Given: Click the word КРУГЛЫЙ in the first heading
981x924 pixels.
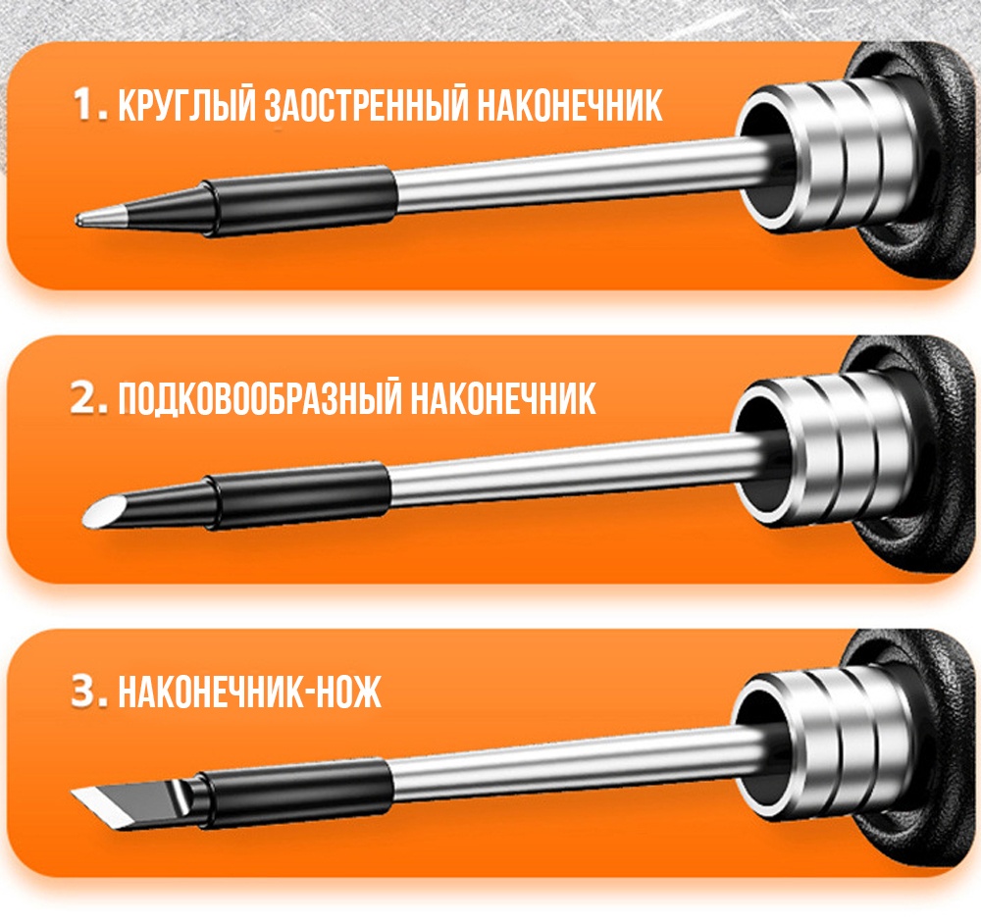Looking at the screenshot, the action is [187, 105].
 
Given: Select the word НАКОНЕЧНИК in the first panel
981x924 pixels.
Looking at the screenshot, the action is [569, 105].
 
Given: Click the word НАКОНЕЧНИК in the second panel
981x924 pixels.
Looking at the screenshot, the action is [502, 398].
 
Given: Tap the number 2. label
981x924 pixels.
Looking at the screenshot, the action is [90, 398].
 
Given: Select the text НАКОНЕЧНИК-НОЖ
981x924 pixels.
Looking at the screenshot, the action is [249, 692].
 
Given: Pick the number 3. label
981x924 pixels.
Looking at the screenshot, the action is [90, 692].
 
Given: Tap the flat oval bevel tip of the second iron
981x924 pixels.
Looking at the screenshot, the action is [103, 510].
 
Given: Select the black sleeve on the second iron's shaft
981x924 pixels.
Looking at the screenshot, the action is [297, 495].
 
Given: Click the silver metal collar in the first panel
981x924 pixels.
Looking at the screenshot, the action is [826, 153].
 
